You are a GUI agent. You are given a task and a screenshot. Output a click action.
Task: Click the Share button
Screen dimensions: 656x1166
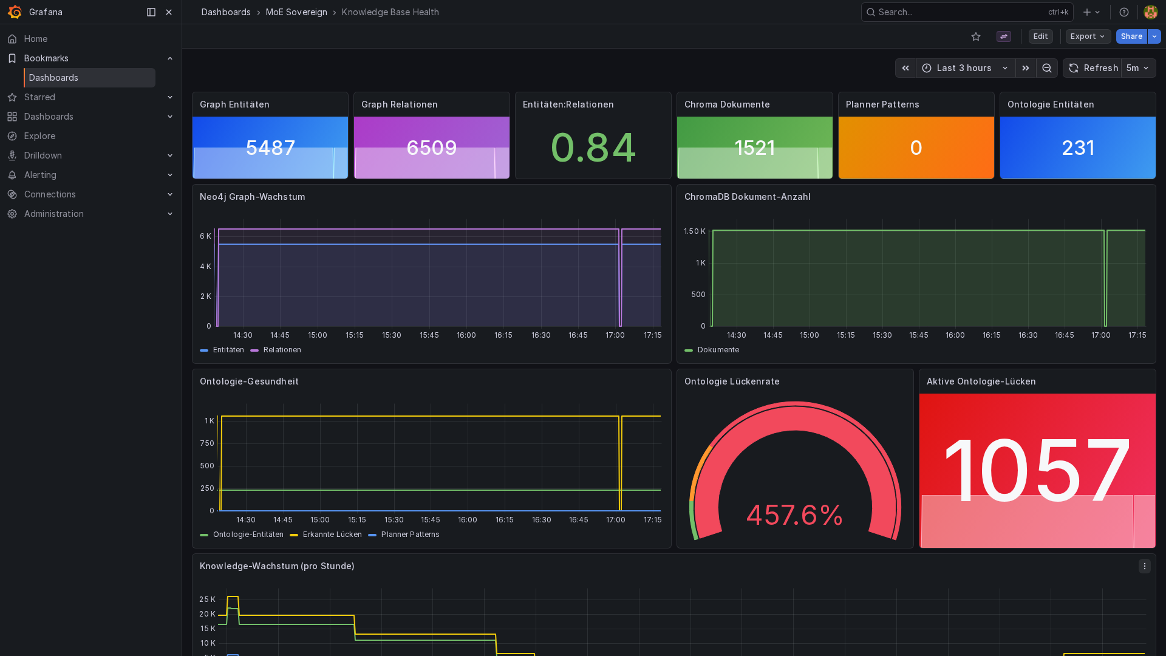[1131, 36]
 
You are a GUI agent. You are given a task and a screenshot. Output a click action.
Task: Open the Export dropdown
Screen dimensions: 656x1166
[1088, 36]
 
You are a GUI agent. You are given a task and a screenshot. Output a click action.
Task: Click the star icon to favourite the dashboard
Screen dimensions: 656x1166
[976, 36]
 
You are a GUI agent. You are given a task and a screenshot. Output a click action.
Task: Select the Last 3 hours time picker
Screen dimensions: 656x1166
[965, 68]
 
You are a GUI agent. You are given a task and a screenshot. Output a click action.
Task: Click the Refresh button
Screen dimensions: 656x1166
[1094, 68]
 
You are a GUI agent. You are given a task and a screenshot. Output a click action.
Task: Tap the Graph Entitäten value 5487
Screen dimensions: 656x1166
[270, 148]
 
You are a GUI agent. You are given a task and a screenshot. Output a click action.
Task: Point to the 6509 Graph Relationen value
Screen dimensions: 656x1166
[432, 148]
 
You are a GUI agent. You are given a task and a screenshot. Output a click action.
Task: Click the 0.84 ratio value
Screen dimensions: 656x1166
[593, 148]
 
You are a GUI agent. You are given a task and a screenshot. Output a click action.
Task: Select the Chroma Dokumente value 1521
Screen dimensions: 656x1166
[754, 148]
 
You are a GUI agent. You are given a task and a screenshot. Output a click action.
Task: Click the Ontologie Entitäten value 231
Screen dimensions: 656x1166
[1078, 148]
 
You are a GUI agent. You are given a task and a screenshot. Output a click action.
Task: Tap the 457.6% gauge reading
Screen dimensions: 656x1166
[794, 515]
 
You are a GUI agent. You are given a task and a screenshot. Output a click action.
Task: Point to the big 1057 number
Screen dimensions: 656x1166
[1037, 471]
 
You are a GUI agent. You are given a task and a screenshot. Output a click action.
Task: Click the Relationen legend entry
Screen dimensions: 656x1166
[282, 350]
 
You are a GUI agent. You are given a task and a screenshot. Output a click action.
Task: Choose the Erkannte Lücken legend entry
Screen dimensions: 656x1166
[332, 535]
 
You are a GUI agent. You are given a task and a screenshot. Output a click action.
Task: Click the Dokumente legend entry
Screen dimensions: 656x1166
[718, 350]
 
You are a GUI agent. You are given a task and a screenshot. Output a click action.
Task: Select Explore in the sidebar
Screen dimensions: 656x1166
[39, 136]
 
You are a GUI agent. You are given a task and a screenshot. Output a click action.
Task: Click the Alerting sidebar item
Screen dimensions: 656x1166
[40, 175]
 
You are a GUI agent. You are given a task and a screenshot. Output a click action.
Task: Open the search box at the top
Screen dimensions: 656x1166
[960, 12]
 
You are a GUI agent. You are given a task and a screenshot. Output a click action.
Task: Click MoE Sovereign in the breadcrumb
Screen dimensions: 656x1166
[296, 12]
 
